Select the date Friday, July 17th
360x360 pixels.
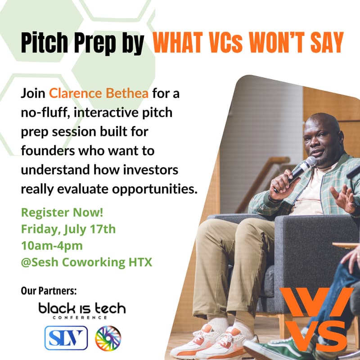click(x=68, y=229)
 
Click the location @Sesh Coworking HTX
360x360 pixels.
click(x=86, y=262)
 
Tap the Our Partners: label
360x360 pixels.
click(x=49, y=291)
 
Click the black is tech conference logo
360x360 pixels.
click(x=82, y=310)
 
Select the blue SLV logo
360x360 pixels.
click(x=66, y=337)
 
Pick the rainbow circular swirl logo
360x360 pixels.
click(x=108, y=337)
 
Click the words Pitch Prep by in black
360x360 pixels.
click(x=82, y=43)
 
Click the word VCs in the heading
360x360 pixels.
click(x=216, y=43)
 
